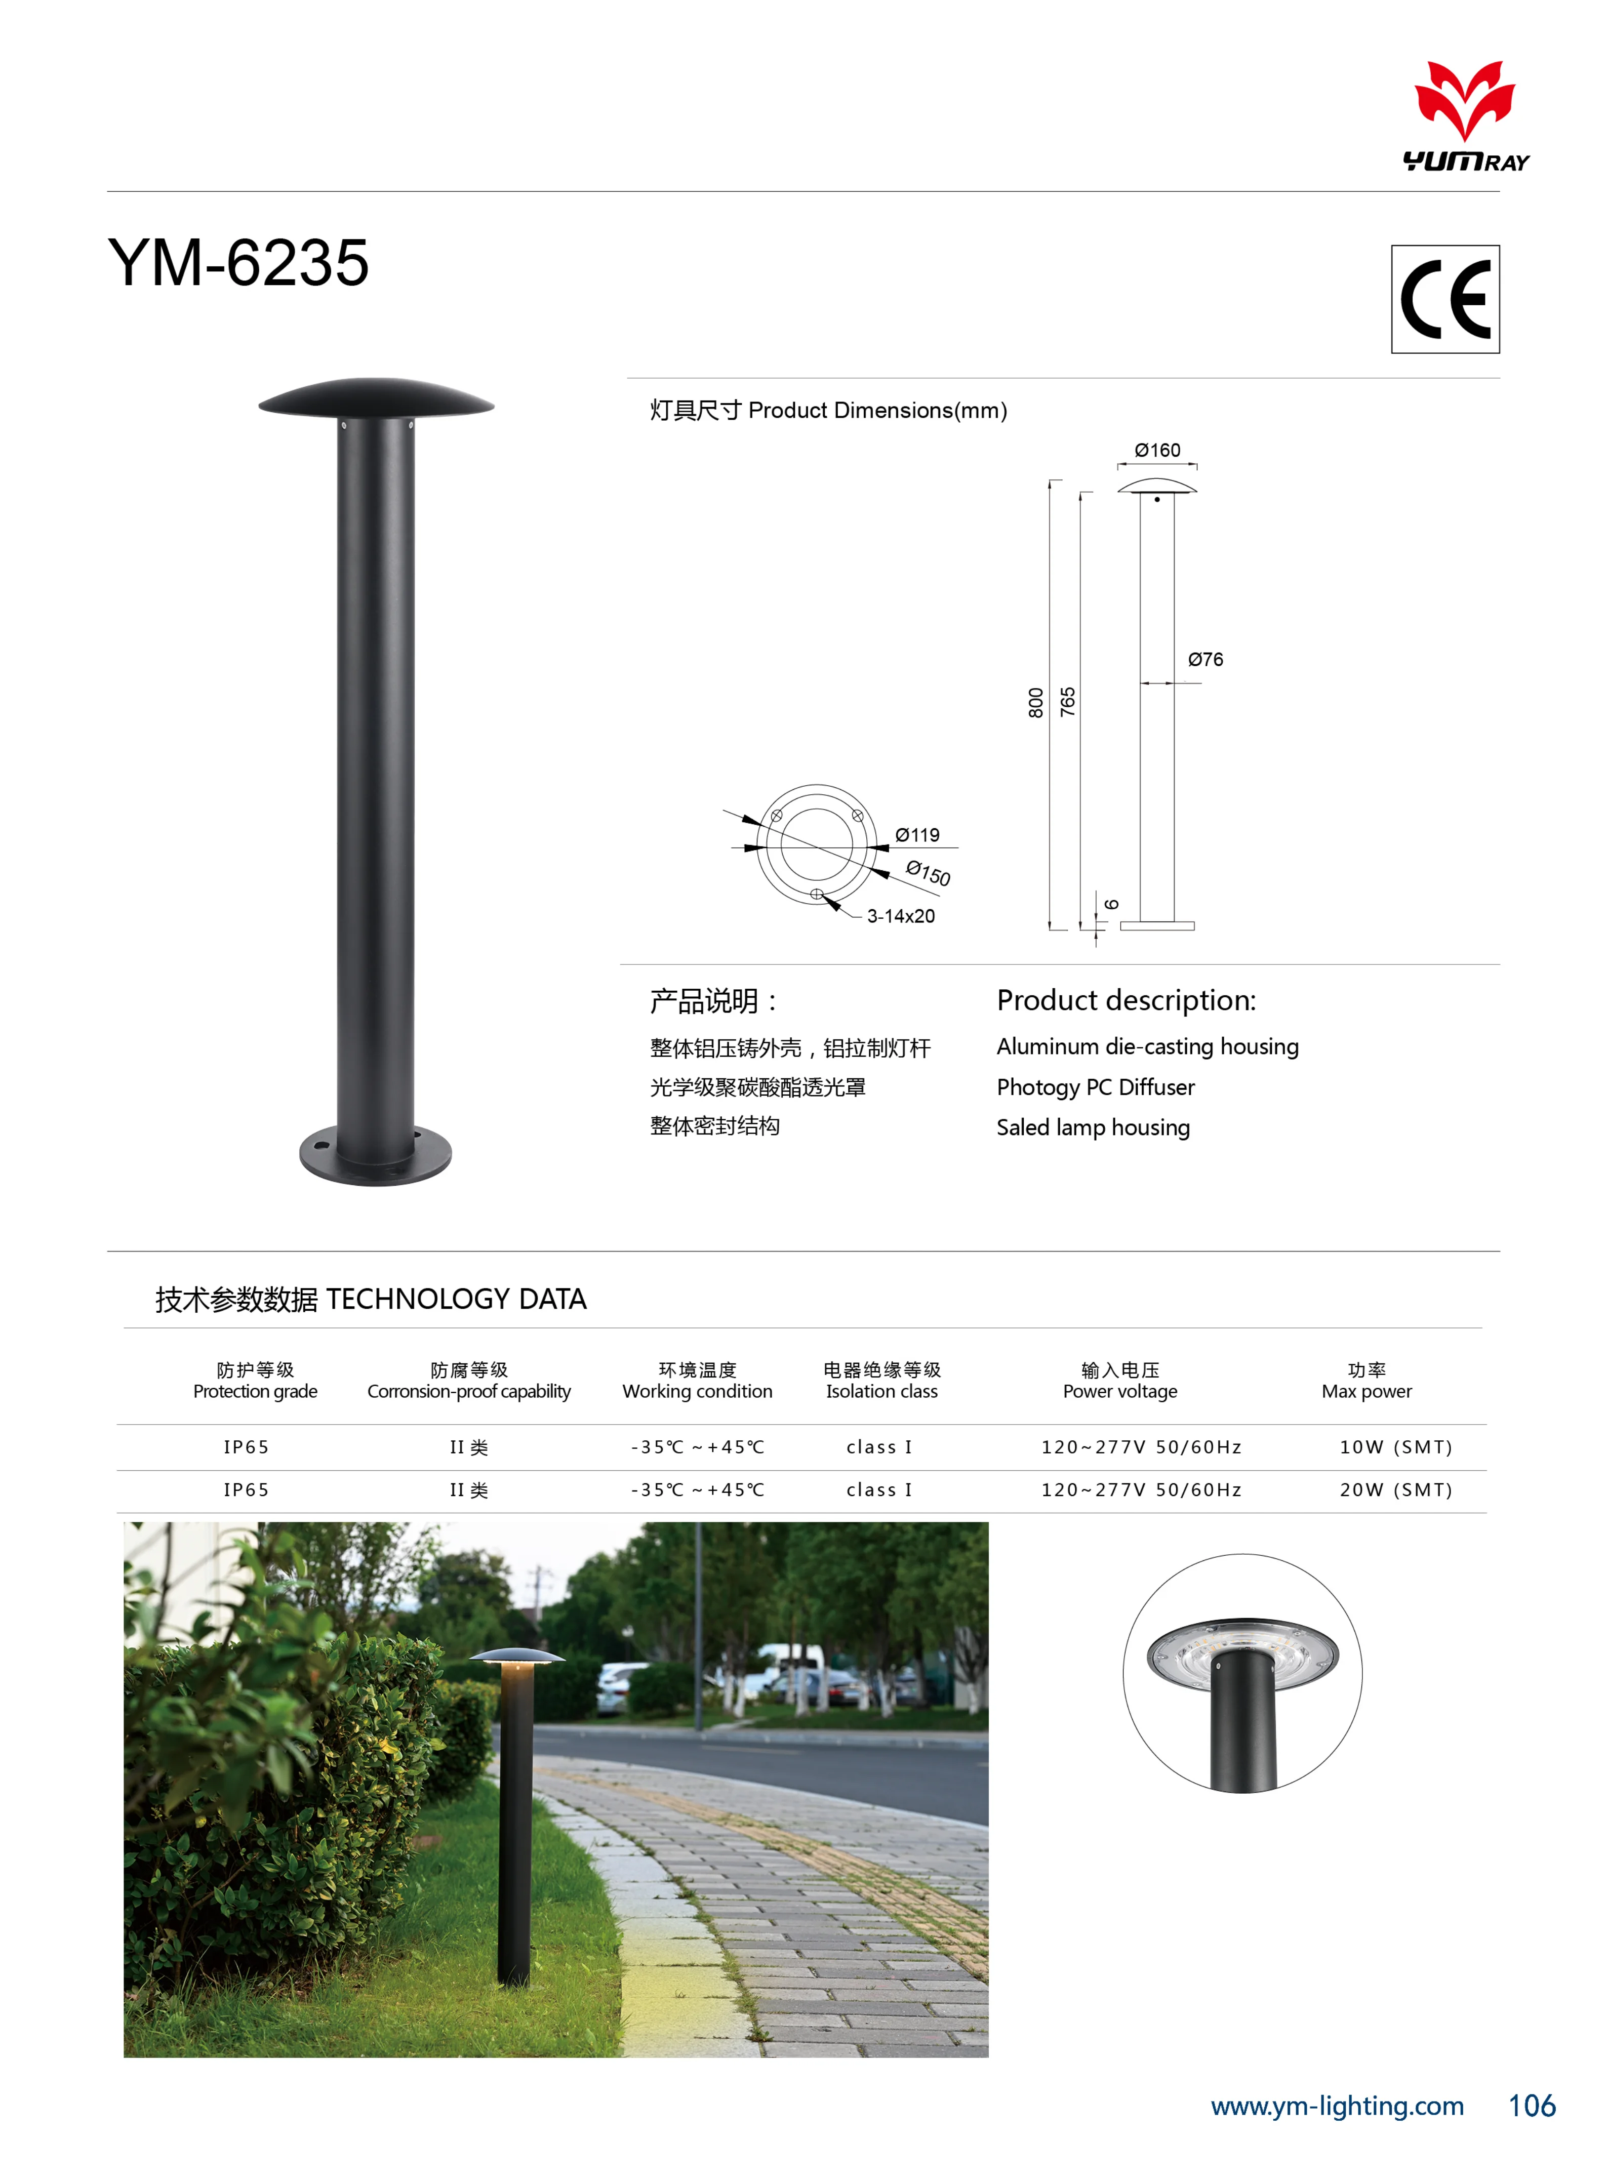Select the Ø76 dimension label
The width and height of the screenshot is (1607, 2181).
pyautogui.click(x=1205, y=660)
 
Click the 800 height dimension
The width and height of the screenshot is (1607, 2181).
pyautogui.click(x=1036, y=702)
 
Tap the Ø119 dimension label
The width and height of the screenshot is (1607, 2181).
pyautogui.click(x=917, y=835)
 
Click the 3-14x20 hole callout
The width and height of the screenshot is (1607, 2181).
pyautogui.click(x=901, y=916)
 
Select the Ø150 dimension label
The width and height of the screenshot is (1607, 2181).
pyautogui.click(x=928, y=873)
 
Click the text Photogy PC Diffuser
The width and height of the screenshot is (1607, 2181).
pyautogui.click(x=1095, y=1087)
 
